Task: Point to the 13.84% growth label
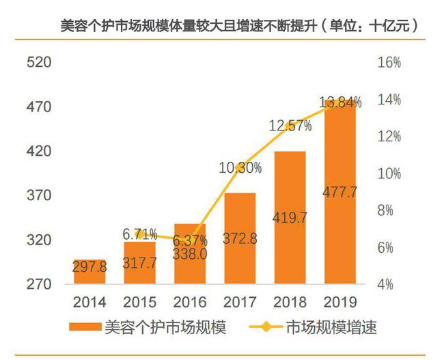pyautogui.click(x=340, y=102)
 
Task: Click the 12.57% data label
pyautogui.click(x=290, y=126)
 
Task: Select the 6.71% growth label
pyautogui.click(x=140, y=234)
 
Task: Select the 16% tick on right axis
pyautogui.click(x=389, y=63)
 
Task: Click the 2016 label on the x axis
pyautogui.click(x=191, y=301)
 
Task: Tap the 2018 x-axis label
pyautogui.click(x=290, y=301)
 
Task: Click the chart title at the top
pyautogui.click(x=239, y=26)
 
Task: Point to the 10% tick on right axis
pyautogui.click(x=389, y=174)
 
